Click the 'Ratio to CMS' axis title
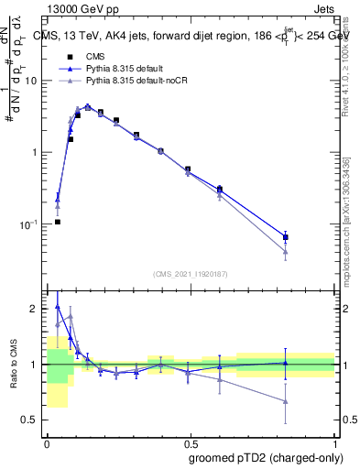tap(14, 365)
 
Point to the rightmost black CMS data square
tap(286, 237)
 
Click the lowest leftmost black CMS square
tap(58, 222)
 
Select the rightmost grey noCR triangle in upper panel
tap(286, 252)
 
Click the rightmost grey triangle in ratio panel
tap(286, 401)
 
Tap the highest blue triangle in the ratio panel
tap(58, 308)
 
